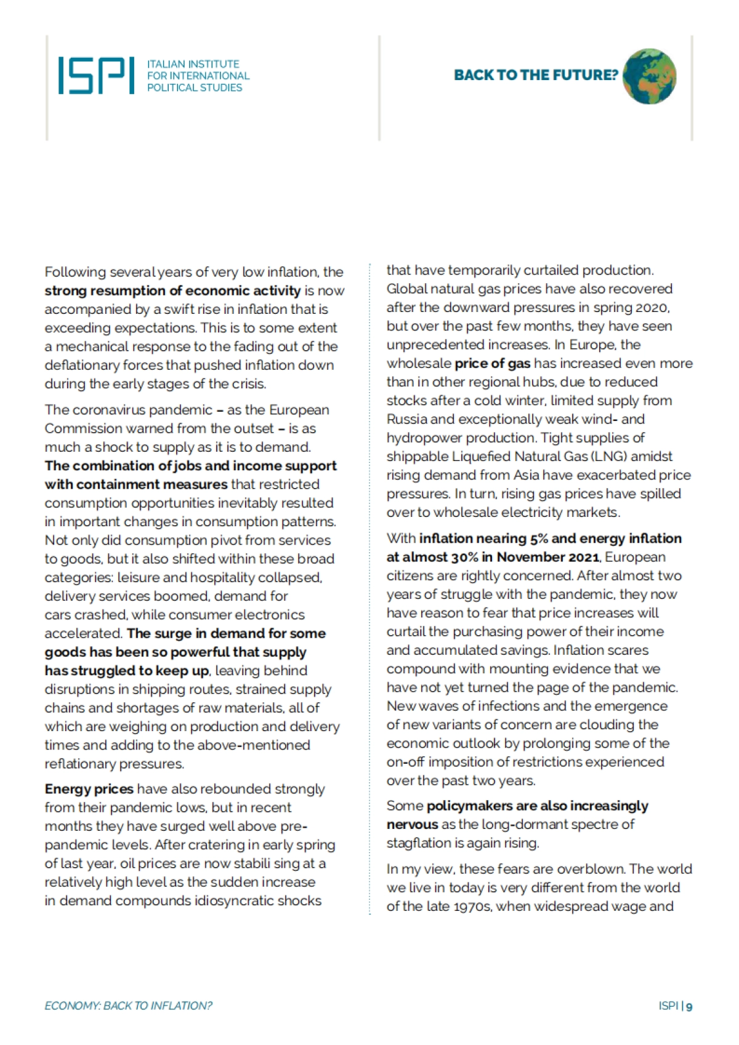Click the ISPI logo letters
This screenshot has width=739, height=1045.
[x=96, y=76]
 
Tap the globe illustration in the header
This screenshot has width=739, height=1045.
[x=649, y=76]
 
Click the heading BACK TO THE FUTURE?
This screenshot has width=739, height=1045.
[x=535, y=75]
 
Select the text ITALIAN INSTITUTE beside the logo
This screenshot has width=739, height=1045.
[x=193, y=64]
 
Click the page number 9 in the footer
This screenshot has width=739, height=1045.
[x=689, y=1006]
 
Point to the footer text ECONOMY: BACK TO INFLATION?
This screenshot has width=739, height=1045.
[x=128, y=1006]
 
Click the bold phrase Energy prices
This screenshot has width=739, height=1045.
[x=89, y=789]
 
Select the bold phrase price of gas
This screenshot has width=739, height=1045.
[x=492, y=363]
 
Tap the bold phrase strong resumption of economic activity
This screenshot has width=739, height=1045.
[x=172, y=290]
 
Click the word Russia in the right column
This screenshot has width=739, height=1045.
[x=407, y=419]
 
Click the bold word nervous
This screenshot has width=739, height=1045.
[x=412, y=825]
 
